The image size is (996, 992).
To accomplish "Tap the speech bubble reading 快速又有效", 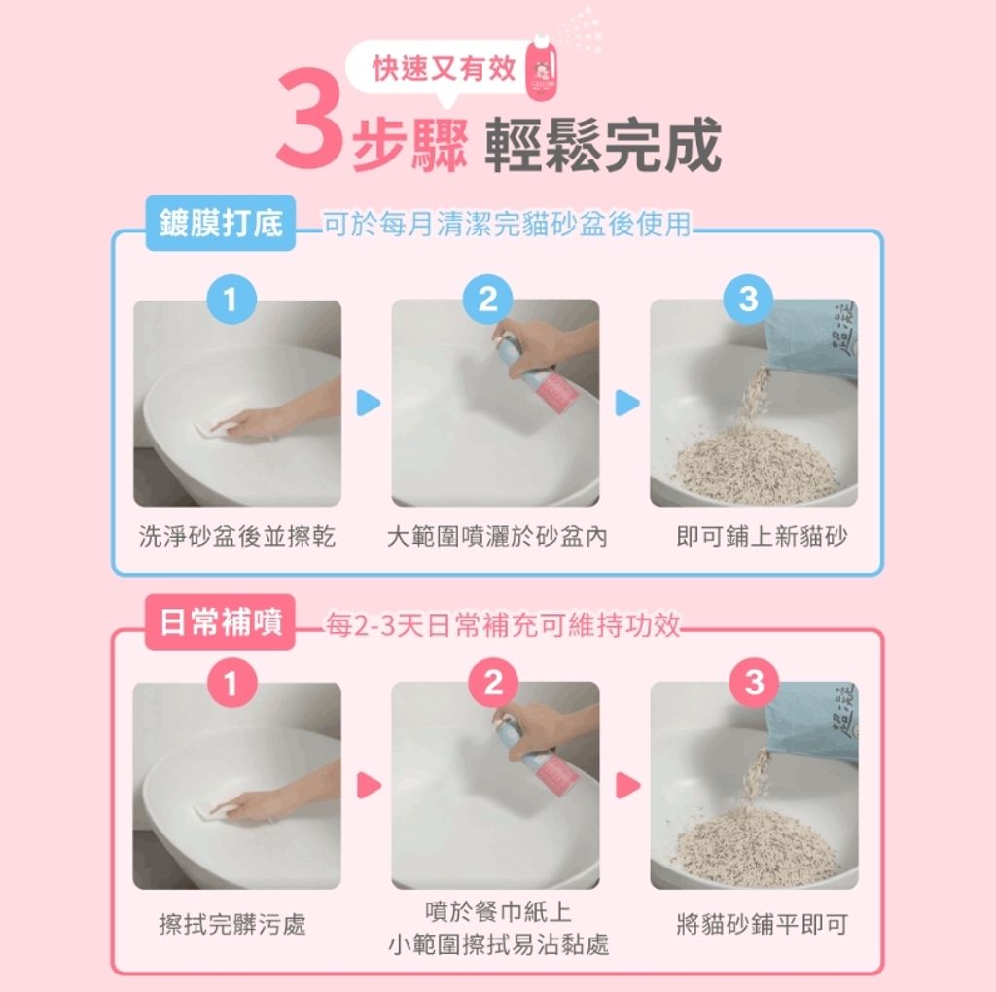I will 445,69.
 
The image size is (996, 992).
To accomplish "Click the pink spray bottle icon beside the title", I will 537,71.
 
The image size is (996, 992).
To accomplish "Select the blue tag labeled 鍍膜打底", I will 221,225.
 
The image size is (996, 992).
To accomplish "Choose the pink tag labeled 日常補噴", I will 221,622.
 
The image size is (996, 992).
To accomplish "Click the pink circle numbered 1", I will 230,684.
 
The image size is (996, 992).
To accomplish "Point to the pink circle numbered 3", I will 754,684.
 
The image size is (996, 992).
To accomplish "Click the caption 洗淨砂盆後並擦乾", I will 237,537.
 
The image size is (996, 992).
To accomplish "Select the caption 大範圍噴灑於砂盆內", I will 496,537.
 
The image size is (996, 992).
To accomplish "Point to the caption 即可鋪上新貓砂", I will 762,537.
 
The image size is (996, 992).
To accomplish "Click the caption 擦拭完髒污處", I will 232,925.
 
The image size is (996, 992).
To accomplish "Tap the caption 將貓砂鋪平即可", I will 762,925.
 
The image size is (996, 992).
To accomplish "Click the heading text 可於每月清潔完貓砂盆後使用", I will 506,226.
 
